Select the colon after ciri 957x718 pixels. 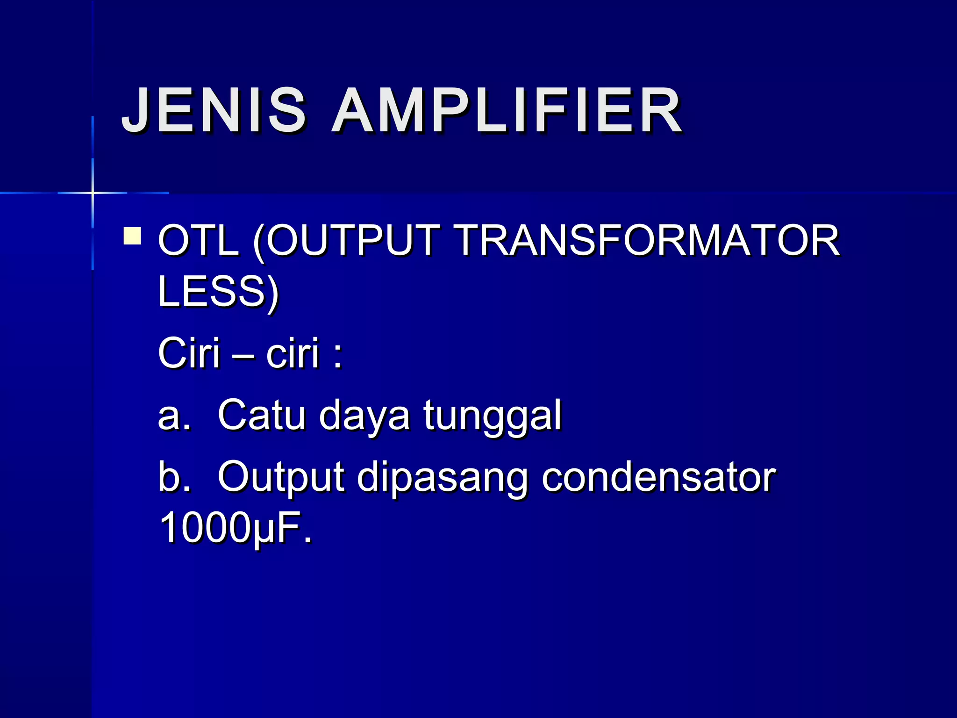(x=338, y=355)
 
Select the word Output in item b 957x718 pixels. (x=281, y=478)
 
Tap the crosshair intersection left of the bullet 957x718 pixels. (x=93, y=193)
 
